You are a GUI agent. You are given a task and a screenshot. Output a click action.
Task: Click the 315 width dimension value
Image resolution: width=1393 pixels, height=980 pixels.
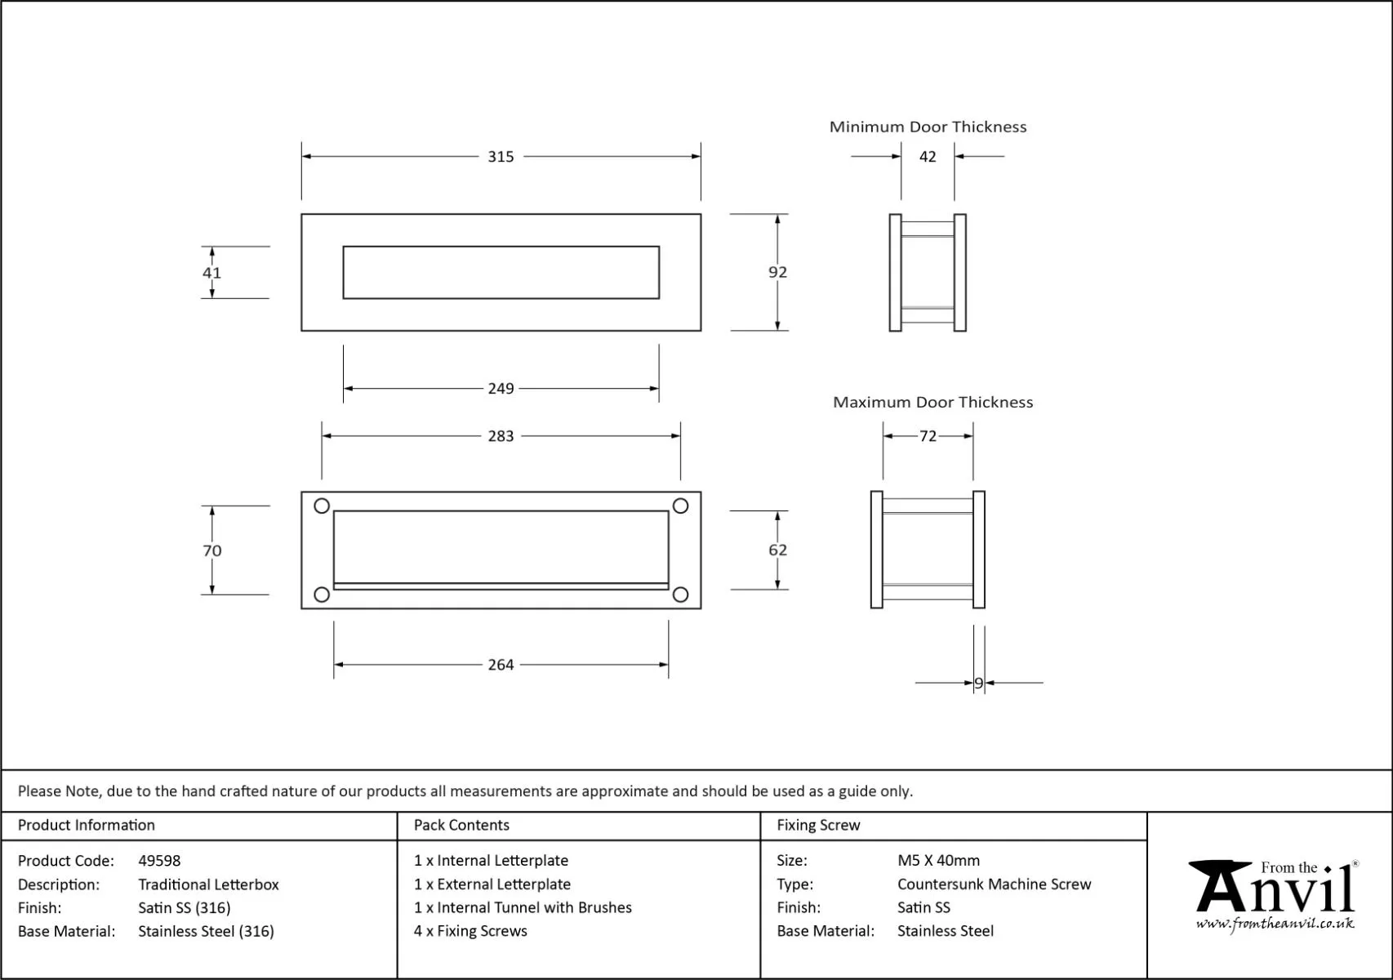501,157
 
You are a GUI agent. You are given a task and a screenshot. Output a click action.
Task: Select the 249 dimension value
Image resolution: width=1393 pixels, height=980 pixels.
501,389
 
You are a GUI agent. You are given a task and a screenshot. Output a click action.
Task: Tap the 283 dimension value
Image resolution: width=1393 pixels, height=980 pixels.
501,436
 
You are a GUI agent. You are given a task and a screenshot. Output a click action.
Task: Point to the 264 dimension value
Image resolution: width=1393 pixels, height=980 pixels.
501,665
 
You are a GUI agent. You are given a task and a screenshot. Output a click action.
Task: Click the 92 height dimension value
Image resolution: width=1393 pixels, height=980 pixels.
777,272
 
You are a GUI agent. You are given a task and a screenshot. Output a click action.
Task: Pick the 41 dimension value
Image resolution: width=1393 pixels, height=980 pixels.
211,273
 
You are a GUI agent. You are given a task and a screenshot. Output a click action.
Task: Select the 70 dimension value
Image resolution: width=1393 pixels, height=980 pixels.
211,550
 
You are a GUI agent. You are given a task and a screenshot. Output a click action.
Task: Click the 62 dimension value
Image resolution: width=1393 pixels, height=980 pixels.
777,550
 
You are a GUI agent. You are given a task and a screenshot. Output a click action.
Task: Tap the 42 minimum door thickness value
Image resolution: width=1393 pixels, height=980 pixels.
928,157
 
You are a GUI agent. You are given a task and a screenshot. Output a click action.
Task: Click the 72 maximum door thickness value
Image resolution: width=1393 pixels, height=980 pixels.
928,436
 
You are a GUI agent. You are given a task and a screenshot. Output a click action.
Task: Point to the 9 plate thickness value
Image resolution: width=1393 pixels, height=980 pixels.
978,684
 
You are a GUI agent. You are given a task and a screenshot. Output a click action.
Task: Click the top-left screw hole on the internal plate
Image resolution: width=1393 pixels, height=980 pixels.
322,506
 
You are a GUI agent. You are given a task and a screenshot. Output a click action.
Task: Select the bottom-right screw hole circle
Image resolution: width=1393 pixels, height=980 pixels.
680,595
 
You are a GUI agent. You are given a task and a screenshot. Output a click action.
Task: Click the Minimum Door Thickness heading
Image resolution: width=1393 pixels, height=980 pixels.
928,127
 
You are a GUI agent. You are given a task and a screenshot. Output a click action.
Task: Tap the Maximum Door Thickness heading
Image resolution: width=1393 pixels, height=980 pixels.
932,402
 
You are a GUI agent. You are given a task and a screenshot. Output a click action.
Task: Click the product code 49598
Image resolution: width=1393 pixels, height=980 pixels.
159,861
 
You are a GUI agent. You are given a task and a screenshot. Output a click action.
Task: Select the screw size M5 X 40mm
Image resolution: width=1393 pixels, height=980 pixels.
938,861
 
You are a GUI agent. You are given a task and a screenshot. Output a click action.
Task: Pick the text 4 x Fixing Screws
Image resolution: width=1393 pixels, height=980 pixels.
470,931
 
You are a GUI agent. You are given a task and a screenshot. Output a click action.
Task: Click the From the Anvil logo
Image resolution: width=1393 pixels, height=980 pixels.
1274,894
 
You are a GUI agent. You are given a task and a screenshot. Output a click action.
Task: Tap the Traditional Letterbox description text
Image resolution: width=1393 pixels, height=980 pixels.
208,884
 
